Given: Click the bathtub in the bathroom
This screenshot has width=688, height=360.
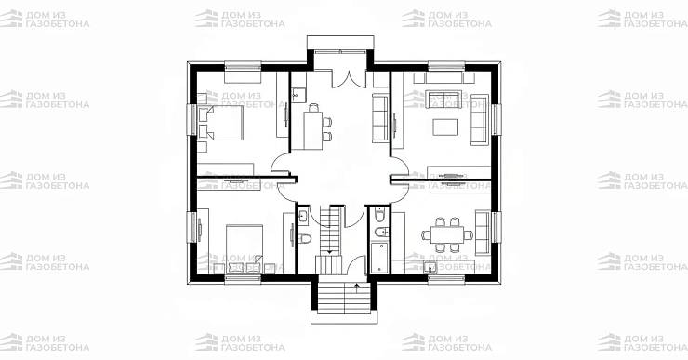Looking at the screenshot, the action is (379, 257).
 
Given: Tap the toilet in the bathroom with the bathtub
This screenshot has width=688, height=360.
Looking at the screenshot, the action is (378, 216).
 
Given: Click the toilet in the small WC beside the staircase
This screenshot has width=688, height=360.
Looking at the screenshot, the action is (304, 239).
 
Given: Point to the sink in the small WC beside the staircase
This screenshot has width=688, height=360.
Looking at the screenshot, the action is (303, 216).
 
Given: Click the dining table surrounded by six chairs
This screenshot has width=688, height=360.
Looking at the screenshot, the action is (447, 234).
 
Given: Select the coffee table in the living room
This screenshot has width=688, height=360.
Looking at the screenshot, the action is (445, 127).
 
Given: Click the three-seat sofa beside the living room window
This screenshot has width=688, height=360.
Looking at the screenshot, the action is (479, 120).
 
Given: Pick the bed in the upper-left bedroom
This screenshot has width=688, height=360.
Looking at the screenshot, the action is (220, 123).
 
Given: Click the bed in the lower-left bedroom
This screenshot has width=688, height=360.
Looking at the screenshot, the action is (245, 249).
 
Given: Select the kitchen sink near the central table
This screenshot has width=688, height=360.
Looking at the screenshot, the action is (299, 94).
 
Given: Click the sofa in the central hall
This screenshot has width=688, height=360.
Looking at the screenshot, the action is (380, 118).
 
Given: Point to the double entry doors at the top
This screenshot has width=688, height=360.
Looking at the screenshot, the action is (349, 78).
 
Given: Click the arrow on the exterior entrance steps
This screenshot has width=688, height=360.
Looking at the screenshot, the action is (357, 288).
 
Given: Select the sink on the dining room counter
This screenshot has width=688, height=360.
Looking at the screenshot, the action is (430, 266).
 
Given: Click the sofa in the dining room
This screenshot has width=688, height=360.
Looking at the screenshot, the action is (483, 233).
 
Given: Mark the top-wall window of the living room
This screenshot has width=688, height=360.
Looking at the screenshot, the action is (446, 66).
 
